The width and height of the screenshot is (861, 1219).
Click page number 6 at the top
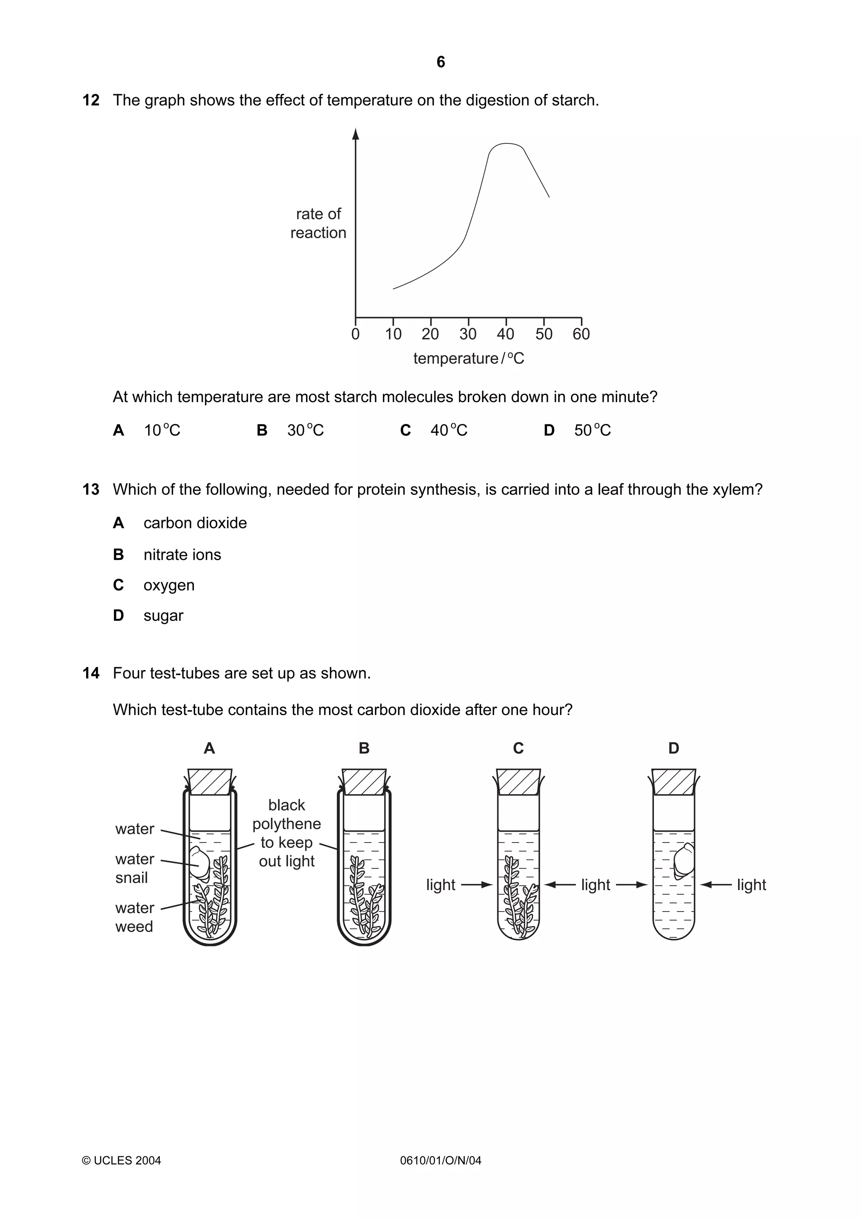click(440, 62)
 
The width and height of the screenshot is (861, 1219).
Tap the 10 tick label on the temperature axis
click(393, 334)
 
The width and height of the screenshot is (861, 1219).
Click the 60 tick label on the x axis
click(581, 334)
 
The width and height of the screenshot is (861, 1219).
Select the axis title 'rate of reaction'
click(318, 223)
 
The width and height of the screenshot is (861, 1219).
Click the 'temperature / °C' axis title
click(468, 358)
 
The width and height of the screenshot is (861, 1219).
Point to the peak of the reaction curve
click(507, 144)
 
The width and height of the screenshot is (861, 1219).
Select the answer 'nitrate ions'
click(182, 554)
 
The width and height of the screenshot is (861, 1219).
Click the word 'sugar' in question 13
click(164, 615)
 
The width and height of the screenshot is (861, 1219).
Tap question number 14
click(91, 673)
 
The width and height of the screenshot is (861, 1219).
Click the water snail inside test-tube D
click(684, 860)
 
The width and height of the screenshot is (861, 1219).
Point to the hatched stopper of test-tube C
click(518, 782)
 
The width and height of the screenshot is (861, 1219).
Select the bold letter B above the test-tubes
click(364, 748)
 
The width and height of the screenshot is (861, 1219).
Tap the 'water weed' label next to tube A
click(134, 917)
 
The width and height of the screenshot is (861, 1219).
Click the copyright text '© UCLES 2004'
click(121, 1161)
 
